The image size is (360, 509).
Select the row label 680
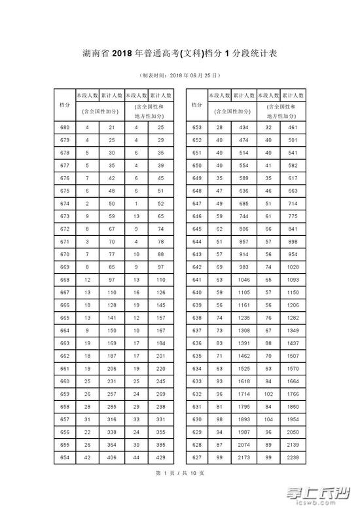coord(65,126)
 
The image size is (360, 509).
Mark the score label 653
coord(197,126)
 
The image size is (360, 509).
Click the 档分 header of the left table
coord(65,105)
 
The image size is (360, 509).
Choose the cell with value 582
coord(292,164)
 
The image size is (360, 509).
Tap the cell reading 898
coord(292,240)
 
